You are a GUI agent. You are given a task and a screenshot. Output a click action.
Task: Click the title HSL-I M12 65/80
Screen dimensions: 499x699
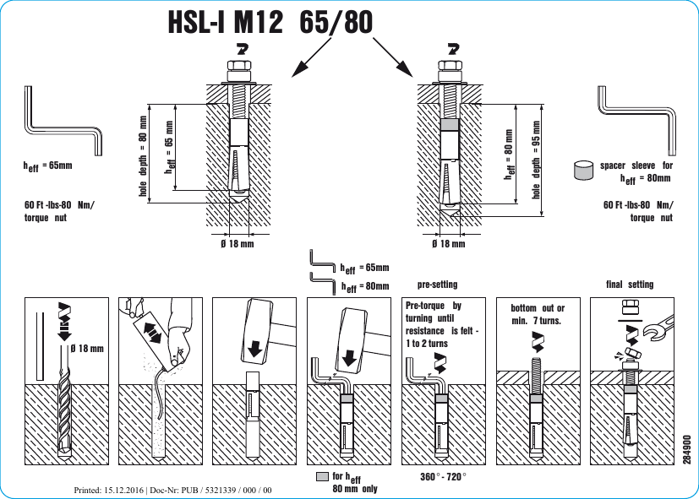pos(270,23)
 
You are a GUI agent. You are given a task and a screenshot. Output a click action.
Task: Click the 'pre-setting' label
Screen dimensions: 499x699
pos(437,285)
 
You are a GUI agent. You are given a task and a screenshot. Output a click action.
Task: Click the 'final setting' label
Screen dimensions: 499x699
pos(630,285)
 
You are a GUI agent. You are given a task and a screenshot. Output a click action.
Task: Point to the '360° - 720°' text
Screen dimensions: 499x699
pos(444,477)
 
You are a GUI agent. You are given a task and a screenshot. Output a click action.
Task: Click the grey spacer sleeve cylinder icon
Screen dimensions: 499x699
pos(582,171)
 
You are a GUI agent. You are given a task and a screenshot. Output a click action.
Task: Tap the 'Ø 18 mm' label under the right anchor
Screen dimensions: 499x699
pos(449,244)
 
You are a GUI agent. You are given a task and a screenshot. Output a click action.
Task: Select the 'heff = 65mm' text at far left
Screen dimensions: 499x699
pos(48,166)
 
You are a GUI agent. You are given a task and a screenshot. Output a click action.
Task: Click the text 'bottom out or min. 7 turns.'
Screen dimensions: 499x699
pos(538,314)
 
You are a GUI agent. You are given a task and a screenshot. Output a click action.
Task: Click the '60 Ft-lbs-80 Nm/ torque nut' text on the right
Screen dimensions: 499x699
pos(639,211)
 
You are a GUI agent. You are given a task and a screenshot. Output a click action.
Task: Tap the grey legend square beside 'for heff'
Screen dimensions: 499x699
pos(321,477)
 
